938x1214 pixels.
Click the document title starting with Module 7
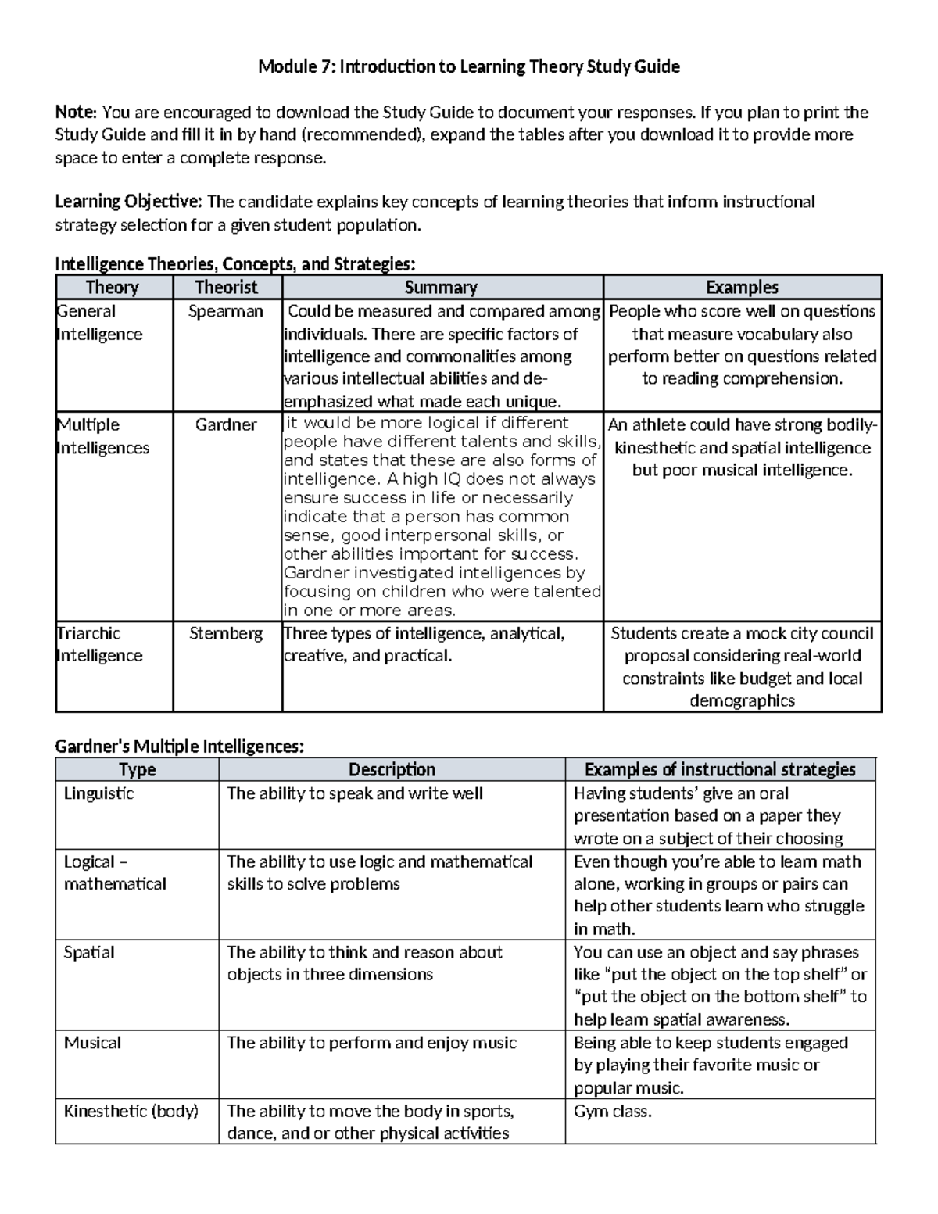(x=469, y=67)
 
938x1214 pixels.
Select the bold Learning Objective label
(x=128, y=202)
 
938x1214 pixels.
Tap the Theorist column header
(x=226, y=288)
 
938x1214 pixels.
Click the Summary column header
(x=441, y=288)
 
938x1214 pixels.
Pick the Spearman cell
(x=226, y=311)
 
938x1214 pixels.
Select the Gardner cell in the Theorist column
(x=226, y=425)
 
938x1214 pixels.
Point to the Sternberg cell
(x=226, y=633)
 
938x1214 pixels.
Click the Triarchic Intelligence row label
(x=99, y=644)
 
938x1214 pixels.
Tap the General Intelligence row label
(x=99, y=322)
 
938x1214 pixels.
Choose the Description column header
(x=392, y=770)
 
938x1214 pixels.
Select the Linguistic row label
(x=98, y=793)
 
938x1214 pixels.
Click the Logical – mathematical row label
(x=115, y=872)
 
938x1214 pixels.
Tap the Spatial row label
(x=89, y=952)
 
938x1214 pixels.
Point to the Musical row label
(x=92, y=1043)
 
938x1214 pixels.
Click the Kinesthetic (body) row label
(x=131, y=1111)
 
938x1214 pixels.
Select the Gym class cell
(x=612, y=1111)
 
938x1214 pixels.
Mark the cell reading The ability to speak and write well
(x=355, y=793)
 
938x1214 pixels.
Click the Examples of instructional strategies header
(x=720, y=770)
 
